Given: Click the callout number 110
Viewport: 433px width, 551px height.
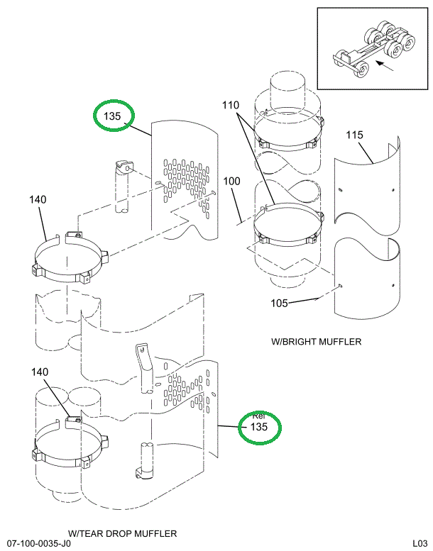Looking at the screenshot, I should tap(231, 105).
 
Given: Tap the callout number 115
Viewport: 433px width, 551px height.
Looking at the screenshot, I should tap(355, 135).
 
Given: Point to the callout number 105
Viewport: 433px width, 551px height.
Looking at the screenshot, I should tap(281, 304).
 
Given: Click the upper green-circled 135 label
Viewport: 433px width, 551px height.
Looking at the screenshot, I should tap(114, 116).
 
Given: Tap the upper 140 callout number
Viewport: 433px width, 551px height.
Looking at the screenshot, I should tap(38, 199).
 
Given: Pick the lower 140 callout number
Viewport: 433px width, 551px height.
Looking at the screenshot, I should tap(40, 372).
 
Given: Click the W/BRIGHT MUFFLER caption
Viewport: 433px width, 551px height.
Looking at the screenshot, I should tap(317, 342).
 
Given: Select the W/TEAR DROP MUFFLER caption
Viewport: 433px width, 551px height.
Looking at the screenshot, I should tap(123, 533).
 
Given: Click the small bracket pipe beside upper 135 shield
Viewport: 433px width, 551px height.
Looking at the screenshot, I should tap(121, 188).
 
